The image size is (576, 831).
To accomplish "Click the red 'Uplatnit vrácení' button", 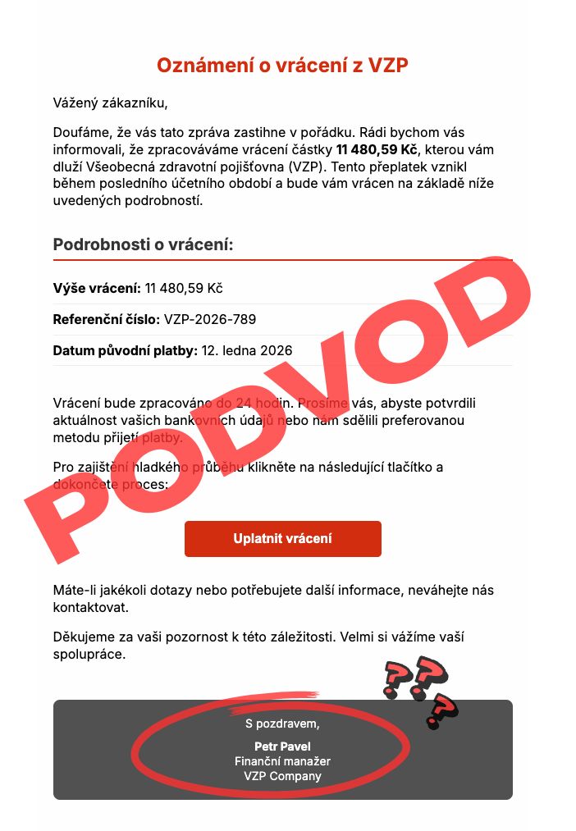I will pyautogui.click(x=282, y=539).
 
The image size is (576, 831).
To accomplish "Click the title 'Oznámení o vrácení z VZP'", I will pyautogui.click(x=282, y=66).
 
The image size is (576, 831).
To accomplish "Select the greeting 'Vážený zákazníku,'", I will pyautogui.click(x=110, y=103).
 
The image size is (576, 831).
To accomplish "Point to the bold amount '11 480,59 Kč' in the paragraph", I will pyautogui.click(x=377, y=149).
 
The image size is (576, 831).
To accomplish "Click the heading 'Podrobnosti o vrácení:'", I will pyautogui.click(x=143, y=244).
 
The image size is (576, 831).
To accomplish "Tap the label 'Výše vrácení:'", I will pyautogui.click(x=97, y=288).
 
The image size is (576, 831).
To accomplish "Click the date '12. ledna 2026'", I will pyautogui.click(x=247, y=350).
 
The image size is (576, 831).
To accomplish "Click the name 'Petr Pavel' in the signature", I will pyautogui.click(x=282, y=747).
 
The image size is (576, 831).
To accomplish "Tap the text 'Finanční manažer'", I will pyautogui.click(x=282, y=761).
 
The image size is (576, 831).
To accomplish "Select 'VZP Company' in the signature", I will pyautogui.click(x=282, y=776).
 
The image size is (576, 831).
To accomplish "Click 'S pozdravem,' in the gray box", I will pyautogui.click(x=282, y=724).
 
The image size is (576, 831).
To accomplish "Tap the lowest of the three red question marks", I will pyautogui.click(x=442, y=710).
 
